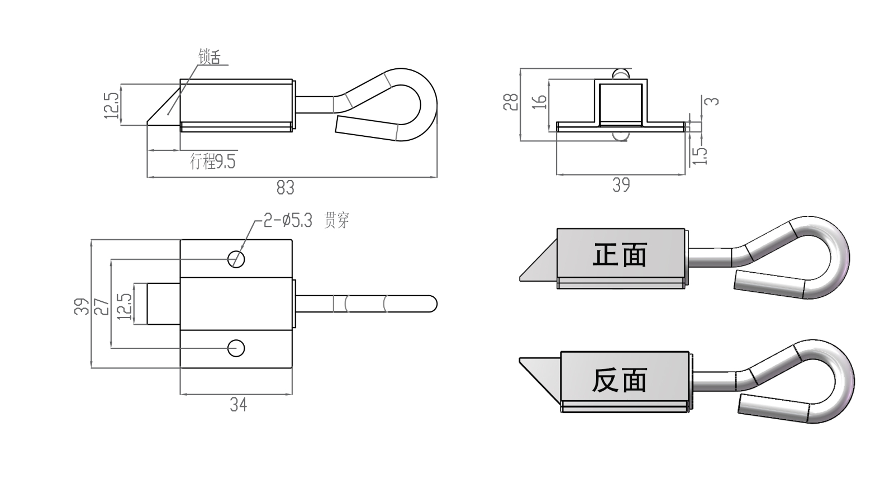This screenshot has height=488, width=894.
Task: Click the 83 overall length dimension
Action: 285,187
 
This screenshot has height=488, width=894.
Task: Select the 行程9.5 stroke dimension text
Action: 213,162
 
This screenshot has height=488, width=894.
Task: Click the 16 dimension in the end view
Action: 539,102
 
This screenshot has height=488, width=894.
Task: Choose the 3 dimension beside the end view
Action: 712,101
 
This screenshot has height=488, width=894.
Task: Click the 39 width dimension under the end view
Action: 621,185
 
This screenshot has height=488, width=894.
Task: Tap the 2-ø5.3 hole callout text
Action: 288,221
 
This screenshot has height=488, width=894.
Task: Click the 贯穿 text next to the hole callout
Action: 336,221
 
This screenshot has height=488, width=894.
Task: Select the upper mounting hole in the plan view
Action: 236,258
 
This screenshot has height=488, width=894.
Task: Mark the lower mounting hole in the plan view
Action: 236,348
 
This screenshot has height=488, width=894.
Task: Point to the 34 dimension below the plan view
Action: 238,404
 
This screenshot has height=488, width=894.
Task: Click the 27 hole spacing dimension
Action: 102,306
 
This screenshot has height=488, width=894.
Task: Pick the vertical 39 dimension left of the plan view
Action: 82,306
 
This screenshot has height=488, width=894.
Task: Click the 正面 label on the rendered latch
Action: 620,255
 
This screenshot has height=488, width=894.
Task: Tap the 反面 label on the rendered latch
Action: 620,380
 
